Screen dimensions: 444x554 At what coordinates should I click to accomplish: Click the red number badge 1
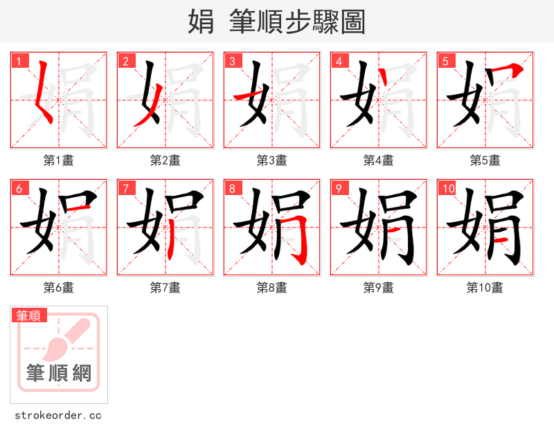pyautogui.click(x=19, y=61)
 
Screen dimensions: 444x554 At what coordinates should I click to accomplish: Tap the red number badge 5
pyautogui.click(x=446, y=61)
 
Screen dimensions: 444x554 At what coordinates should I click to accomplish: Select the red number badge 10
pyautogui.click(x=449, y=188)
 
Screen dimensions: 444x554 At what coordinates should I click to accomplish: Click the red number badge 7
pyautogui.click(x=126, y=188)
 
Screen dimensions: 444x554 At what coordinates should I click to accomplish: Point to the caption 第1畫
pyautogui.click(x=58, y=160)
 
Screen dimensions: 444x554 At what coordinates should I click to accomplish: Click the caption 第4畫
pyautogui.click(x=378, y=160)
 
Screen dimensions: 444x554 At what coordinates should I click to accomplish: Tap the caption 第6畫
pyautogui.click(x=58, y=288)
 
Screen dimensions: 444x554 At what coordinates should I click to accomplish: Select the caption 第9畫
pyautogui.click(x=378, y=288)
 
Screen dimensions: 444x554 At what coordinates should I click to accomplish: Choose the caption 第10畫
pyautogui.click(x=485, y=288)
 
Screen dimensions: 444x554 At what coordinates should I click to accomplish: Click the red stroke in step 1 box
pyautogui.click(x=41, y=93)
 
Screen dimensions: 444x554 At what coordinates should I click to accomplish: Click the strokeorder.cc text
pyautogui.click(x=58, y=416)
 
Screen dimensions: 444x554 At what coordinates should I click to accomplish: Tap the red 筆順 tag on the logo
pyautogui.click(x=29, y=315)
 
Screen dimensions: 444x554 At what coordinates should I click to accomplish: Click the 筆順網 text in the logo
pyautogui.click(x=58, y=374)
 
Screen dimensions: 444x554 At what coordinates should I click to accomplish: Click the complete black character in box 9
pyautogui.click(x=378, y=227)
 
